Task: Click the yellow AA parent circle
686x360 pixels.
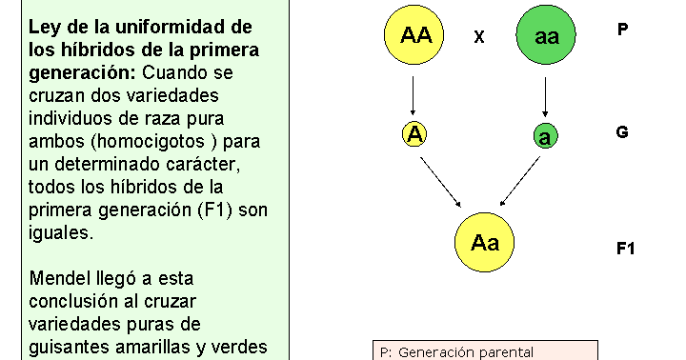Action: point(415,37)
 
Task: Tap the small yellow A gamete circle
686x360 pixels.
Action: point(414,134)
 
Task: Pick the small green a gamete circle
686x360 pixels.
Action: point(544,136)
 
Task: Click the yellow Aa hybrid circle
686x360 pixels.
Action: point(484,242)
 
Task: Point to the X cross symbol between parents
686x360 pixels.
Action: point(479,38)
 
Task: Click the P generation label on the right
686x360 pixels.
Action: point(622,30)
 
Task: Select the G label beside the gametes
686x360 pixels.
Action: point(622,132)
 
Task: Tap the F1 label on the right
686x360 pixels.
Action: point(625,249)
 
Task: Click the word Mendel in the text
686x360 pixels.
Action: point(61,279)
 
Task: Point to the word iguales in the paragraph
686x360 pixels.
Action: point(61,233)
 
